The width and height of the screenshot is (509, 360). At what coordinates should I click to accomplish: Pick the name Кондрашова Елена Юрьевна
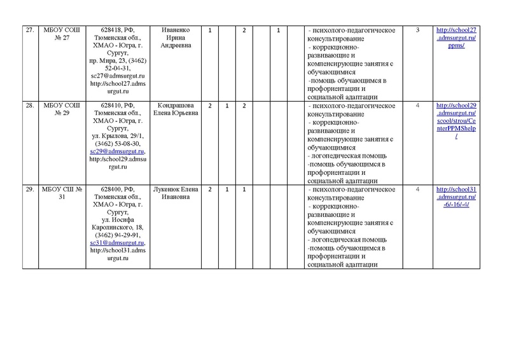[176, 109]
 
